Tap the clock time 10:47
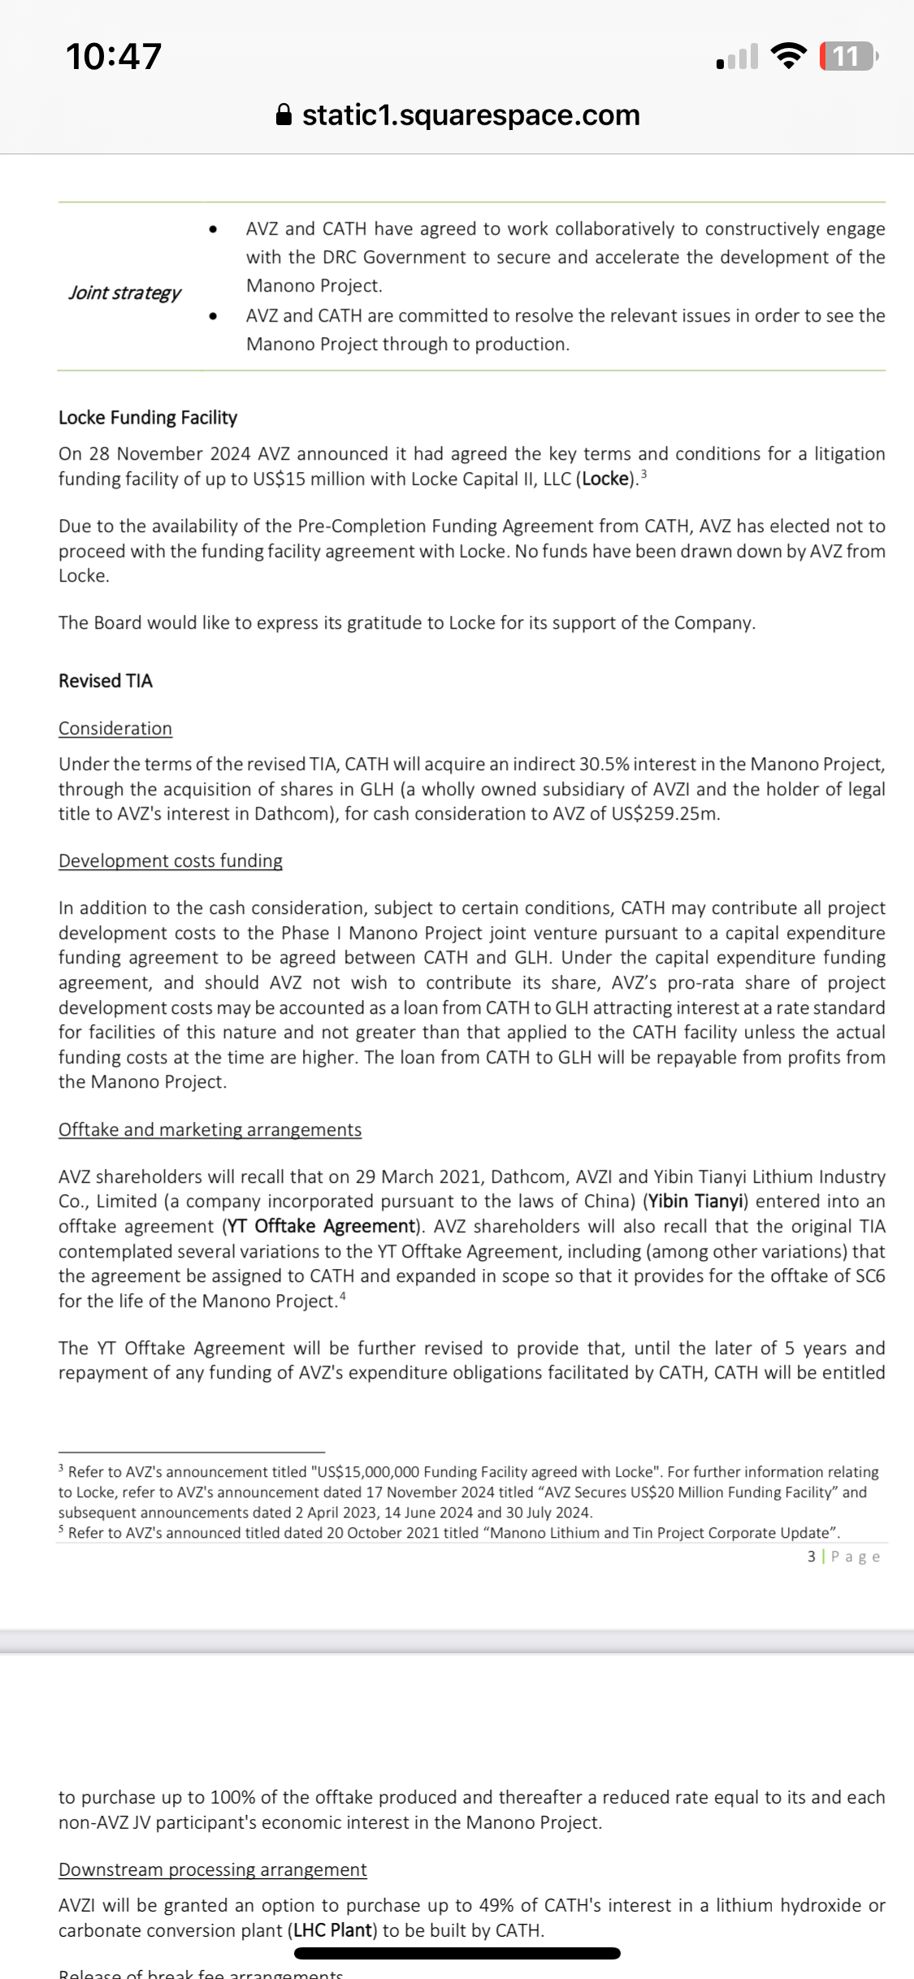point(114,56)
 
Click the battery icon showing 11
point(848,56)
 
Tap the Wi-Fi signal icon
point(788,55)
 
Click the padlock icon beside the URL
point(284,115)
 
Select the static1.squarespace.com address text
point(471,115)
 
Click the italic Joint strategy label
point(124,292)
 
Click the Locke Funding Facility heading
point(148,418)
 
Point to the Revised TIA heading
point(106,681)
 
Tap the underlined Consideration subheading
point(115,729)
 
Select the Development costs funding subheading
point(171,861)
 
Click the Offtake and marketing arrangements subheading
point(210,1130)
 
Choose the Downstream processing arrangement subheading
point(213,1869)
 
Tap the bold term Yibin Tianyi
point(697,1202)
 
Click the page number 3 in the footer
point(811,1557)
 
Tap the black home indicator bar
point(457,1954)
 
